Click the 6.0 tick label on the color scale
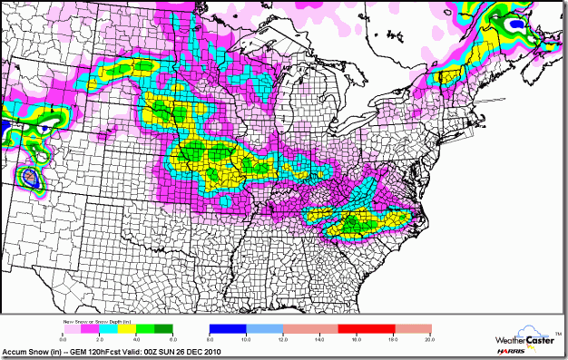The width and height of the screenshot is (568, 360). click(x=171, y=337)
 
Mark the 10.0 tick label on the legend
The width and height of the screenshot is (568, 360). click(x=246, y=337)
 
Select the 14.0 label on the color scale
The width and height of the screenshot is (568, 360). click(x=319, y=337)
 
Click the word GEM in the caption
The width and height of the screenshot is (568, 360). click(x=70, y=352)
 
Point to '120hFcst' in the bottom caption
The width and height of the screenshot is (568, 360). click(x=97, y=352)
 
